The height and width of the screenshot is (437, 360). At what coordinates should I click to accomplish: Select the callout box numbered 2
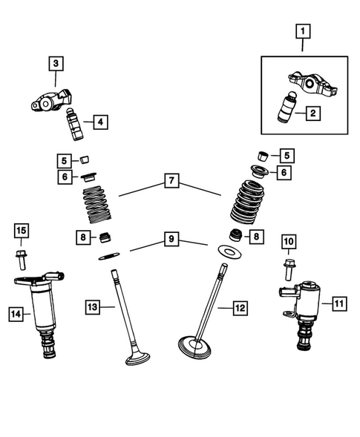(x=313, y=114)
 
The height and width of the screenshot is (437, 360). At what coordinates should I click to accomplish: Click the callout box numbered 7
(x=171, y=180)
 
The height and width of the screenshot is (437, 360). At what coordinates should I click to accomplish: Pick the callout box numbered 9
(x=171, y=239)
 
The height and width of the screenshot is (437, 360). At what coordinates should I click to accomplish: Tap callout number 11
(x=338, y=303)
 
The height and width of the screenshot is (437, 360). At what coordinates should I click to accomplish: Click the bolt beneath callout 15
(x=21, y=260)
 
